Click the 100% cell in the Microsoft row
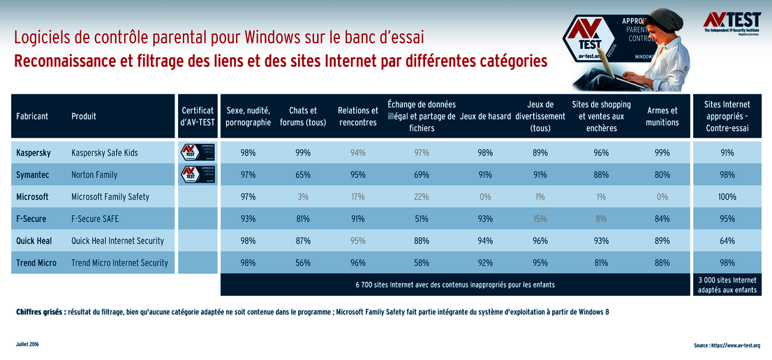coord(727,197)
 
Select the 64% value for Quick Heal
coord(727,241)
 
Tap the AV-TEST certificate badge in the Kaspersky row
coord(198,152)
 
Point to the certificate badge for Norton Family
coord(198,174)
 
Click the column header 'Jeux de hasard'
coord(485,117)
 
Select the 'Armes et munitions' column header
coord(662,117)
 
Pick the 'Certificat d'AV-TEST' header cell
coord(198,117)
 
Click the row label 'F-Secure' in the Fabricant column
coord(31,218)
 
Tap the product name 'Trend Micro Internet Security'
coord(119,263)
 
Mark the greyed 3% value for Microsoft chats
coord(303,197)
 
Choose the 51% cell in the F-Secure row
coord(421,218)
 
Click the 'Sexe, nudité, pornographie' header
coord(248,117)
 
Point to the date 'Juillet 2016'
coord(27,345)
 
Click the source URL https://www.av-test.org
coord(728,345)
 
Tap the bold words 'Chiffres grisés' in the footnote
coord(40,312)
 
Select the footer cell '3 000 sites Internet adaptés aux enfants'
coord(727,285)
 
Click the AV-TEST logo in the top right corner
coord(732,22)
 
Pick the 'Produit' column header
coord(84,117)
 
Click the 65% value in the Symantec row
coord(303,174)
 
